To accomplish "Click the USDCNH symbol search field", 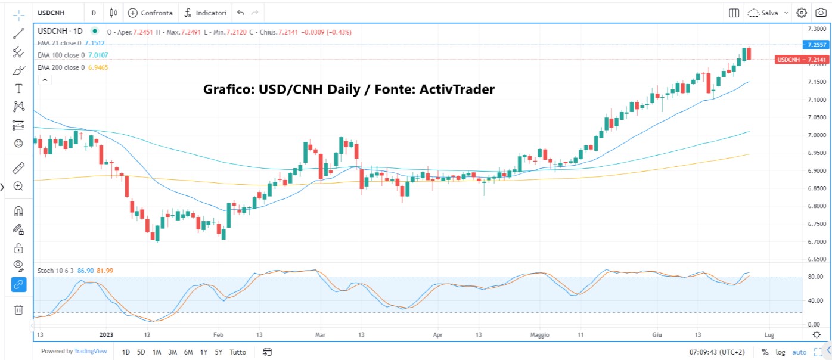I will (x=52, y=13).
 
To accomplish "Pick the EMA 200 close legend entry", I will (x=61, y=67).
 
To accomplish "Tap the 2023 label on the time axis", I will (x=107, y=335).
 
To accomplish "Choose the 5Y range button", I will (x=219, y=352).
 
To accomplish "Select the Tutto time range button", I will (x=237, y=352).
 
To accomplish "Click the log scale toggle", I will (x=780, y=352).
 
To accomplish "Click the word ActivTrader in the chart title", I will (x=457, y=89).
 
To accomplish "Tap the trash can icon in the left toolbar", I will (x=18, y=309).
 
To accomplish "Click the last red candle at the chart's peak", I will (x=749, y=54).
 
